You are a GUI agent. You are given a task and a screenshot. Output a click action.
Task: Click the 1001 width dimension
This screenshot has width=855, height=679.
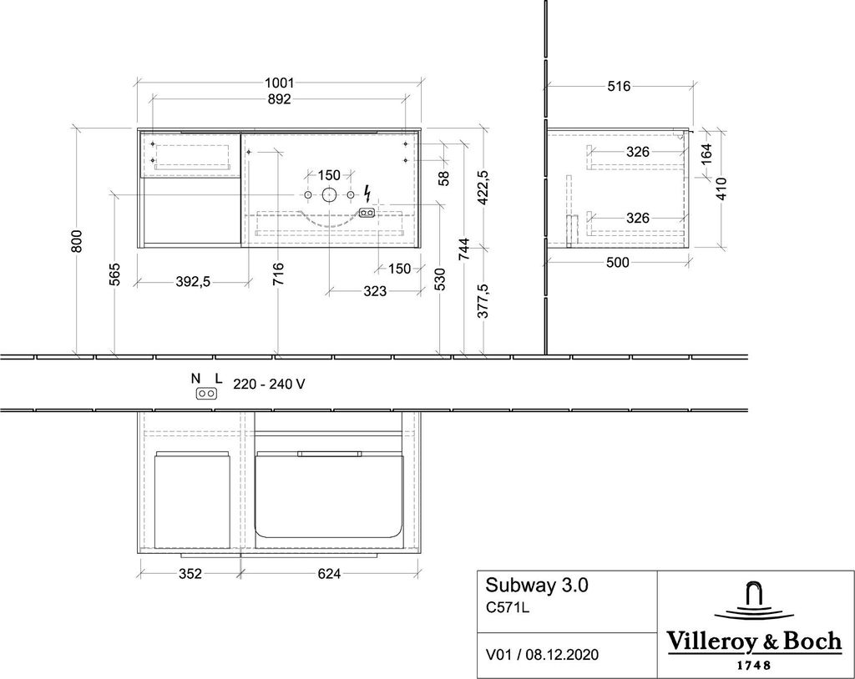278,83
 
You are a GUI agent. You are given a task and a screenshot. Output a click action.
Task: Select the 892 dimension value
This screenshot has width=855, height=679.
278,99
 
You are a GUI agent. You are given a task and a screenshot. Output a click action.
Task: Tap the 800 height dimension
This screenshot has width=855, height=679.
77,242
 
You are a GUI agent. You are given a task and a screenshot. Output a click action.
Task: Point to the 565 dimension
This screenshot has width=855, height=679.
115,274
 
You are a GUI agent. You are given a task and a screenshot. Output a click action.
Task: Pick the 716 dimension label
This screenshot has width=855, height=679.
278,274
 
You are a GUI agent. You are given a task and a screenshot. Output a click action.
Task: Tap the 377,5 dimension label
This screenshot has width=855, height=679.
483,301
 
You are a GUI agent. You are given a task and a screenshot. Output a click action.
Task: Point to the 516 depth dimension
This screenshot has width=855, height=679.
618,85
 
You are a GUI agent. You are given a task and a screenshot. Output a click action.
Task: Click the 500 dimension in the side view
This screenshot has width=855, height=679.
617,262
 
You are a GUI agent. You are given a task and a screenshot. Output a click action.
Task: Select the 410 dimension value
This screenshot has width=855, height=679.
721,189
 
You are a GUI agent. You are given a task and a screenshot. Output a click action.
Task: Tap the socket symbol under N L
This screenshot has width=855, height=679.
208,394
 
